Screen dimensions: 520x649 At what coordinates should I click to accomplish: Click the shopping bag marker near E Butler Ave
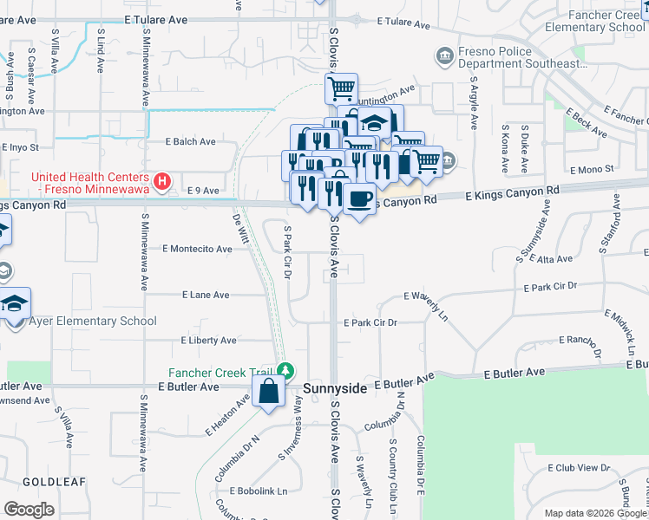[x=269, y=392]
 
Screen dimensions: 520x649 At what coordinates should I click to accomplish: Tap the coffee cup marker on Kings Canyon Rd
[x=358, y=199]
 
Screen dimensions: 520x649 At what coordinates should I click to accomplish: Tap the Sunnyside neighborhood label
[x=335, y=390]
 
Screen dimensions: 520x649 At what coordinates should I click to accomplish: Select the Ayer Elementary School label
[x=94, y=321]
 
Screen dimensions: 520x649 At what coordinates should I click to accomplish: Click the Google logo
[x=29, y=509]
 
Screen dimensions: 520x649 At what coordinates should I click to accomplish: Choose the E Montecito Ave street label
[x=198, y=249]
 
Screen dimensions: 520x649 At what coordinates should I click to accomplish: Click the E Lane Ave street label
[x=206, y=295]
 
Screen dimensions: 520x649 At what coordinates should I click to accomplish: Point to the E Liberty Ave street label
[x=208, y=341]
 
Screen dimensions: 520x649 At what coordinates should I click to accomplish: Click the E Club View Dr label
[x=578, y=467]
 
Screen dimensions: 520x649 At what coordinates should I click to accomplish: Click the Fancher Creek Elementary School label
[x=594, y=21]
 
